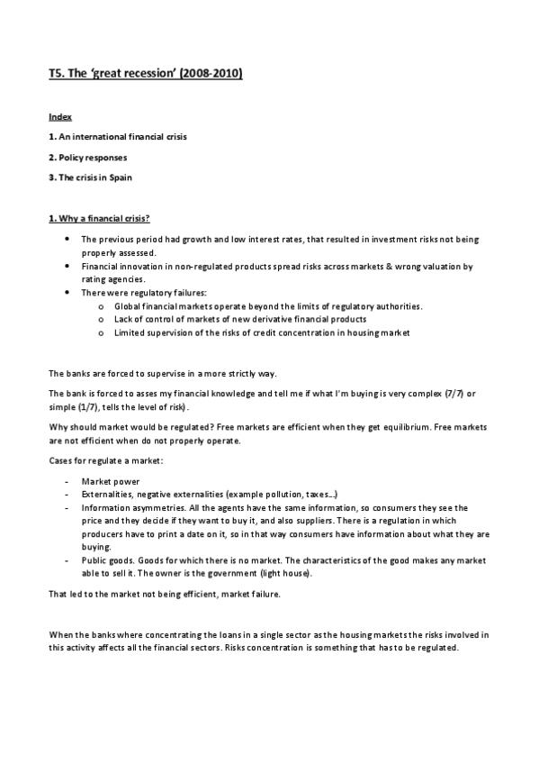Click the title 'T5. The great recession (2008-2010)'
coord(145,75)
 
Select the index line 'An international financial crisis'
coord(122,137)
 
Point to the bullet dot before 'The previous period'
coord(68,239)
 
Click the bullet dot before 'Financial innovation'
coord(68,268)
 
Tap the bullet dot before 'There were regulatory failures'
coord(68,293)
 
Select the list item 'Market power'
coord(110,482)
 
